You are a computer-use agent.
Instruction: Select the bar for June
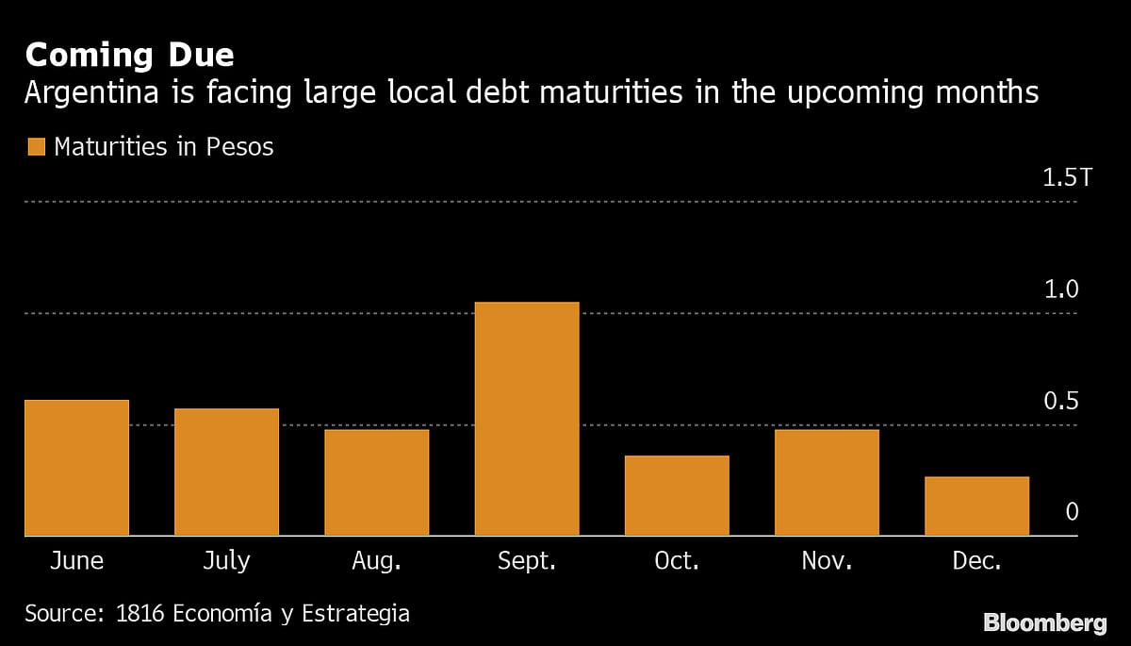(x=76, y=468)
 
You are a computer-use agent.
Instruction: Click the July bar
(x=226, y=472)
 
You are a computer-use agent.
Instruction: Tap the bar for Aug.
(x=377, y=482)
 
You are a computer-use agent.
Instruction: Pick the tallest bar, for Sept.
(x=527, y=419)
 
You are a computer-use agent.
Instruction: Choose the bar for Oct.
(x=677, y=495)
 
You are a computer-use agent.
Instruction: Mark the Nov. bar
(x=827, y=482)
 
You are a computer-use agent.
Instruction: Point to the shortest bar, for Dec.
(x=976, y=505)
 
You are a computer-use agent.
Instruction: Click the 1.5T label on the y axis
(x=1067, y=177)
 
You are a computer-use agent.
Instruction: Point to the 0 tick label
(x=1072, y=512)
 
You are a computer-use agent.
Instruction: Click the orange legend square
(x=36, y=147)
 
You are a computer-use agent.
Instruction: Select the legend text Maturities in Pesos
(x=164, y=147)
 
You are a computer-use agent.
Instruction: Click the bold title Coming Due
(x=129, y=55)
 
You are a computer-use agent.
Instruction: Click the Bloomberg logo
(x=1044, y=622)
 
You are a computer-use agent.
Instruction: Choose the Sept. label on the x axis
(x=527, y=561)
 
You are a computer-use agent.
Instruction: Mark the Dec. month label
(x=976, y=561)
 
